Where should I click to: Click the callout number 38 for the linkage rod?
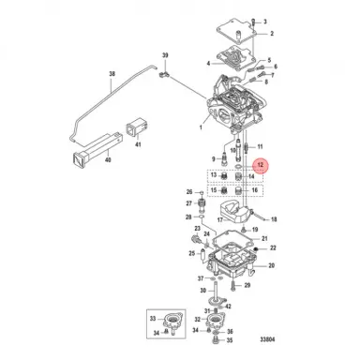(112, 73)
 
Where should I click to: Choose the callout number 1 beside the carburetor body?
(196, 124)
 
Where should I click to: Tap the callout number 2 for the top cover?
(274, 34)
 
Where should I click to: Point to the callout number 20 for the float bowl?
(272, 266)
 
